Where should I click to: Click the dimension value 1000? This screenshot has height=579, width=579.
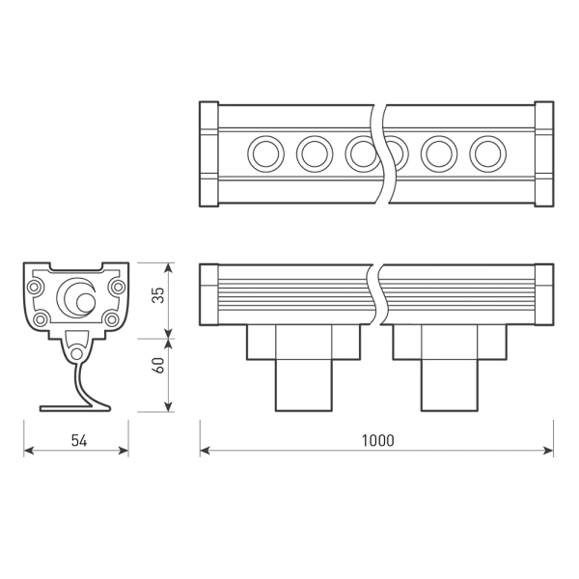[x=377, y=440]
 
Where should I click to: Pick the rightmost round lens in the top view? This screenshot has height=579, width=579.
[x=487, y=152]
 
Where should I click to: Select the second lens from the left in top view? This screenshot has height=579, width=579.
[x=314, y=152]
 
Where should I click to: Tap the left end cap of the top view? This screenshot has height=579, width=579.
[x=208, y=153]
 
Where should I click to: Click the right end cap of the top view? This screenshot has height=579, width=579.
[x=543, y=153]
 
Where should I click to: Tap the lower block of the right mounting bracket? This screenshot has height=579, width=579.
[x=449, y=386]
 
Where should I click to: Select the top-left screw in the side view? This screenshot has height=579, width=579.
[x=36, y=287]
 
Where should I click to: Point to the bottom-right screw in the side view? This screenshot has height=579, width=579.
[x=112, y=319]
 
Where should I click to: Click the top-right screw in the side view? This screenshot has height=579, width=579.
[x=117, y=287]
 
